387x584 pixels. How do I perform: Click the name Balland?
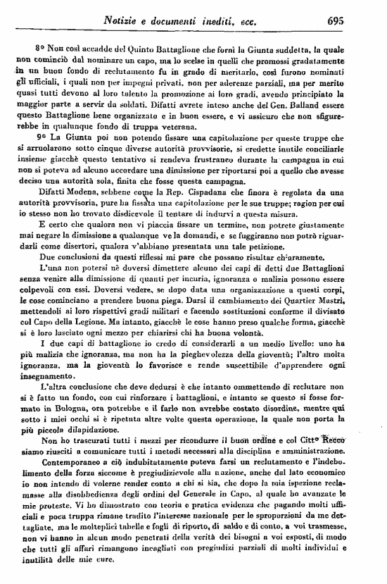pos(292,119)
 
